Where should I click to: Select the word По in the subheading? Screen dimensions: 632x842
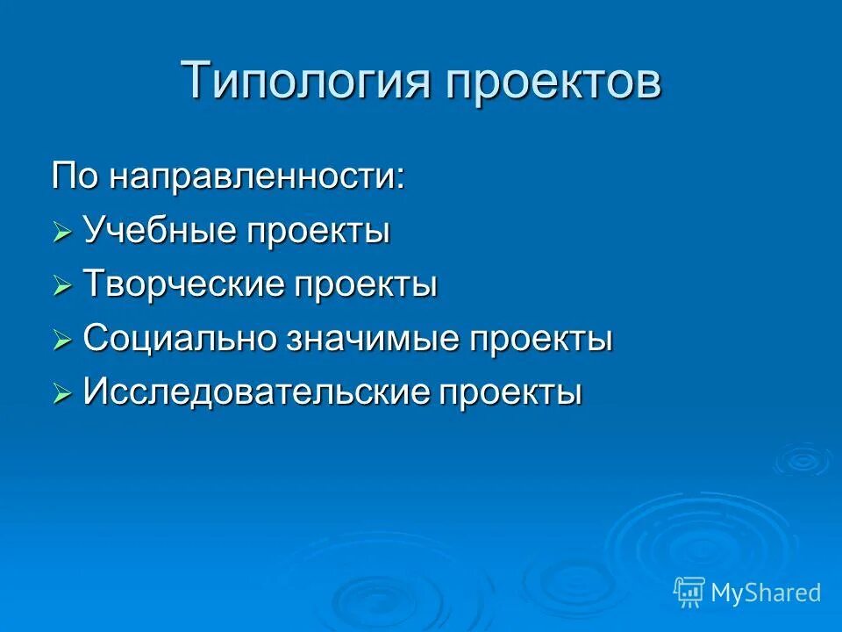pos(76,176)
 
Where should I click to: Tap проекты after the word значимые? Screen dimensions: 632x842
pos(539,340)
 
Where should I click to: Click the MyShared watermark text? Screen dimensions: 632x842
pos(766,592)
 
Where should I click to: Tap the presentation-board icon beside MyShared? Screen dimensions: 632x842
pos(689,592)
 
